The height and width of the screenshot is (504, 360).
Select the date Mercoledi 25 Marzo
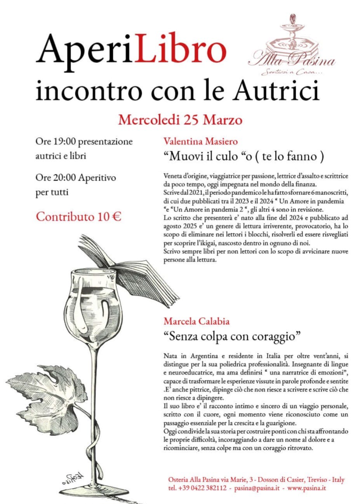pyautogui.click(x=180, y=120)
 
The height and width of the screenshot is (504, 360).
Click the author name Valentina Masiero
pyautogui.click(x=200, y=141)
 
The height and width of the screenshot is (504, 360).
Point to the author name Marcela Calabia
pyautogui.click(x=197, y=321)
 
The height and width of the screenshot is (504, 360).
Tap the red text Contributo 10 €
pyautogui.click(x=78, y=217)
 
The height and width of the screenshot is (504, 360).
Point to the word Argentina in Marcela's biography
pyautogui.click(x=200, y=356)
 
